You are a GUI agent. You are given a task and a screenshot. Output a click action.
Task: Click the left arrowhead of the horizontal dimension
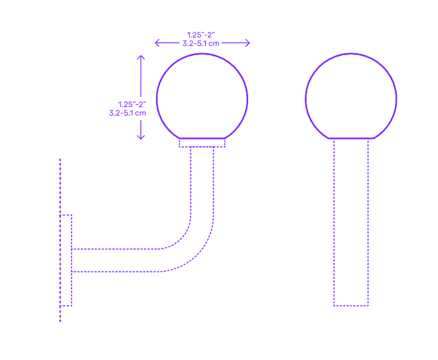click(157, 43)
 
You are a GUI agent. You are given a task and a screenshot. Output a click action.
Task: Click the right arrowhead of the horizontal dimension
click(248, 43)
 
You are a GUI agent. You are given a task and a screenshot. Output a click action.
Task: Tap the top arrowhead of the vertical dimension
click(141, 57)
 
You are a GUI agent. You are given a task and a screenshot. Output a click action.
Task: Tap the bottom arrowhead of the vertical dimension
click(141, 137)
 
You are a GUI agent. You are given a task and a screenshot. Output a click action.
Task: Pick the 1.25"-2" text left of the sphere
click(131, 104)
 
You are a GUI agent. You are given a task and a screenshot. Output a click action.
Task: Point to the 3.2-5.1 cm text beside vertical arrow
click(127, 113)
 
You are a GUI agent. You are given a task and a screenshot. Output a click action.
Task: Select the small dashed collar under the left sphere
click(202, 143)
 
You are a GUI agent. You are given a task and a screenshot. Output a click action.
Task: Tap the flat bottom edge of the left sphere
click(202, 138)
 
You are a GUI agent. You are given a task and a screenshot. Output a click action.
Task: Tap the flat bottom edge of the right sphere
click(351, 138)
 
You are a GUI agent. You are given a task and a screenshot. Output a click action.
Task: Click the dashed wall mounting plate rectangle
click(66, 260)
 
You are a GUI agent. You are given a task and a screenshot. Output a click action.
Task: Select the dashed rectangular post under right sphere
click(351, 223)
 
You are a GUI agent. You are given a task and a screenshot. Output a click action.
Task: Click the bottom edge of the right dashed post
click(351, 306)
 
